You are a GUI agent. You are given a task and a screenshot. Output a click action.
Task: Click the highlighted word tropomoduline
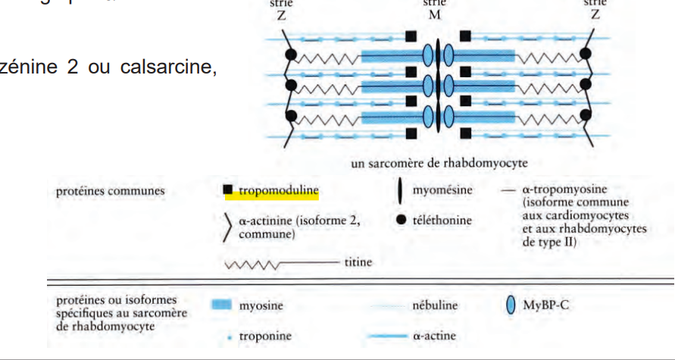click(x=276, y=191)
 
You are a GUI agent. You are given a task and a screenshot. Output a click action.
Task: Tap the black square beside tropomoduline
click(x=229, y=191)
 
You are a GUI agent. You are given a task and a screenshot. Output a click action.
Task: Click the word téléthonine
click(x=442, y=221)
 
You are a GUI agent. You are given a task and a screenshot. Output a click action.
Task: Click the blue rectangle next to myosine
click(x=220, y=305)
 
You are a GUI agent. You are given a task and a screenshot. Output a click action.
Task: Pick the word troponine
click(x=266, y=336)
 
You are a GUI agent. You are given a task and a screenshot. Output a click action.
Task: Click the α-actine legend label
click(x=437, y=336)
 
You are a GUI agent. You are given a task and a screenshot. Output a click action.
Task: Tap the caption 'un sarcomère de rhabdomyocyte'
click(x=438, y=164)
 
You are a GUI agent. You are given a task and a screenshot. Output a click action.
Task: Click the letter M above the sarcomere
click(x=439, y=14)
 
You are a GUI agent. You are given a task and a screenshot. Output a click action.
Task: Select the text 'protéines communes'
click(x=110, y=191)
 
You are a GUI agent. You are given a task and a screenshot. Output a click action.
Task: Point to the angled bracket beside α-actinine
click(x=227, y=228)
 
